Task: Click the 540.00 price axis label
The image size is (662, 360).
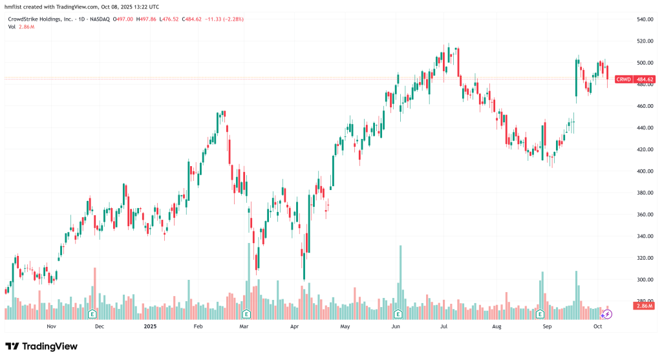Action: coord(645,19)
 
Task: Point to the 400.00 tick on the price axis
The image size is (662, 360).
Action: coord(645,171)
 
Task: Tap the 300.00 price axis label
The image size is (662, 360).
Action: coord(645,280)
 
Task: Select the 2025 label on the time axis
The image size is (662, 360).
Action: coord(150,326)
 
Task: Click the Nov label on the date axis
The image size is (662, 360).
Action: coord(52,326)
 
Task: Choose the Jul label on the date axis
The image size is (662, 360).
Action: coord(445,326)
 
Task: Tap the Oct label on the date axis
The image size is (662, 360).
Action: coord(598,326)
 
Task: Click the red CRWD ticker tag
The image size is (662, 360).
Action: coord(623,79)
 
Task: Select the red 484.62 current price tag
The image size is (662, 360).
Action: coord(645,79)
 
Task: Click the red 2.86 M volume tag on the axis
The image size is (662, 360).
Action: coord(645,305)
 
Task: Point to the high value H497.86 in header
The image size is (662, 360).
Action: coord(148,19)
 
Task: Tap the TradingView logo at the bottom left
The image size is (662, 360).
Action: coord(41,346)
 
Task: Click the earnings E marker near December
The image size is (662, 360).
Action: coord(92,314)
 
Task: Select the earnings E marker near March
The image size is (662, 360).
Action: coord(246,314)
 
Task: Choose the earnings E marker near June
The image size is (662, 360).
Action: coord(398,314)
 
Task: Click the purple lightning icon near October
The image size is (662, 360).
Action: coord(607,314)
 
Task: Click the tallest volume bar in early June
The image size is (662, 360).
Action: coord(401,278)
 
